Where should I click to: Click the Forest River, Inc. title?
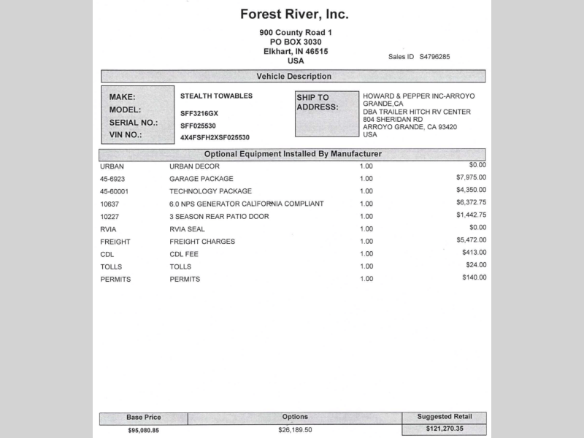[294, 14]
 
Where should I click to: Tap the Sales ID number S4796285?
[434, 57]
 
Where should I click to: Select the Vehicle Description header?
[293, 77]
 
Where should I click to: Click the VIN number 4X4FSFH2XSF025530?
[215, 137]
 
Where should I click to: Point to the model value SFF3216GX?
[199, 113]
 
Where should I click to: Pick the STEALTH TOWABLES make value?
[216, 96]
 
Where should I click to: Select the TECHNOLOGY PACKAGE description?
[210, 191]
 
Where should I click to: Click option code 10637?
[109, 204]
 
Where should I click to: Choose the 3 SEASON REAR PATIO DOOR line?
[219, 217]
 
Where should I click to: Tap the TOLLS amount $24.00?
[476, 265]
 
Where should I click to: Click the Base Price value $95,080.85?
[143, 431]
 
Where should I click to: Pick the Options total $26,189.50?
[295, 430]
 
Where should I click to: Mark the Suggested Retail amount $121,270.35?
[445, 429]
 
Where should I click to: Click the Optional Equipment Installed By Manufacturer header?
[293, 154]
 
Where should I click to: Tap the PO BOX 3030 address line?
[295, 42]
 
